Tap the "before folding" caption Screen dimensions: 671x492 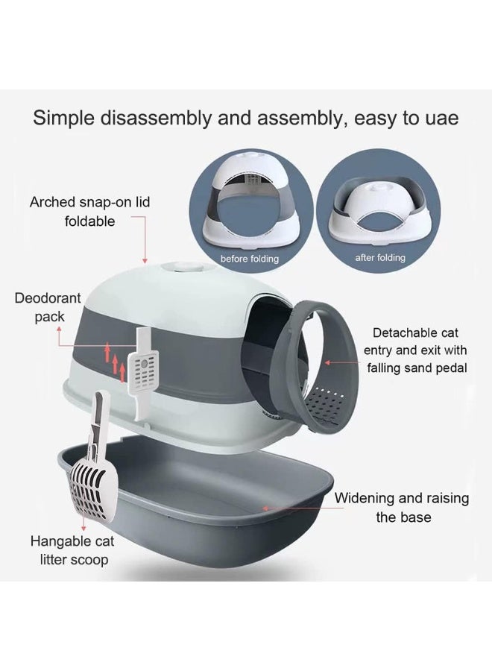(x=249, y=259)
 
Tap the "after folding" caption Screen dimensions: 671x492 (x=380, y=258)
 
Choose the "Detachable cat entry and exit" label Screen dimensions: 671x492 (x=416, y=350)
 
